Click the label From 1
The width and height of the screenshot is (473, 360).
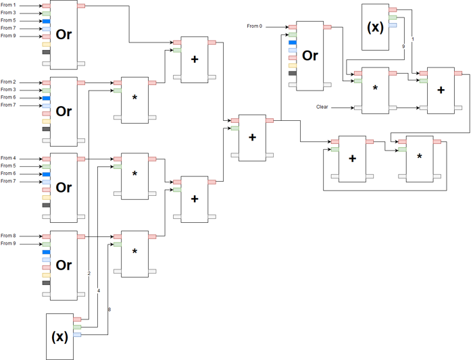pos(9,5)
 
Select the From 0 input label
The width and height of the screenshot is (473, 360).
pos(254,26)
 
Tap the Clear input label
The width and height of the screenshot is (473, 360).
pos(322,107)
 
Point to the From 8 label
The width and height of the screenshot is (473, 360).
pos(9,235)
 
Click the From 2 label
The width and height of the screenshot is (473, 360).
pos(9,82)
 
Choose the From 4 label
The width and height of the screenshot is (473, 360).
pos(9,158)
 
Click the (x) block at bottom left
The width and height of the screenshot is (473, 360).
pos(59,336)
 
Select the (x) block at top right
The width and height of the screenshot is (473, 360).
pos(374,27)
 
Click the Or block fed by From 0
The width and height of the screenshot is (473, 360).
pos(310,55)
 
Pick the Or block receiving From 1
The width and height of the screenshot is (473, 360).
pos(64,34)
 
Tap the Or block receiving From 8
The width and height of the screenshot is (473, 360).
pos(64,265)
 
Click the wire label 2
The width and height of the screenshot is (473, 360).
pos(89,273)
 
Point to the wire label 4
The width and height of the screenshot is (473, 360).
pos(99,290)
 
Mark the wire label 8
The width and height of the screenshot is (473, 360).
pos(109,309)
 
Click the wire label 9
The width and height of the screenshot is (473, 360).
pos(403,47)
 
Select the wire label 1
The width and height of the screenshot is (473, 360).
pos(413,38)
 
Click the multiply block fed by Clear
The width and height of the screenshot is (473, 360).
pos(374,89)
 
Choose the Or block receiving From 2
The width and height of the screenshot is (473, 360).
pos(64,111)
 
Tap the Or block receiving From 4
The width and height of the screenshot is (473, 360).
pos(64,187)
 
